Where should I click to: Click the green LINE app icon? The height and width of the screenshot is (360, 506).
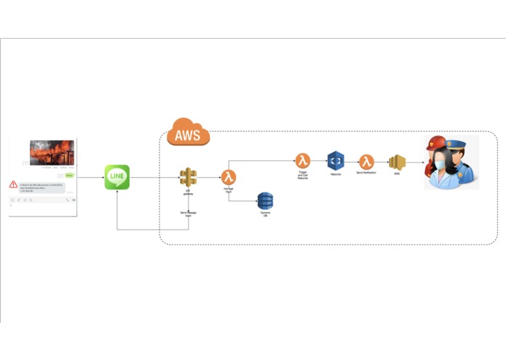[x=116, y=177]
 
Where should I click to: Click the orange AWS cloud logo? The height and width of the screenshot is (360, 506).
[x=188, y=133]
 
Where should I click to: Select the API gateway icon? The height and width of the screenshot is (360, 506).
[x=189, y=177]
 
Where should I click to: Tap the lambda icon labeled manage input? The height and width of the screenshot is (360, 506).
[x=229, y=177]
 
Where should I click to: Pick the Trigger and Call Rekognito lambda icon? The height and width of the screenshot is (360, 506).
[x=303, y=161]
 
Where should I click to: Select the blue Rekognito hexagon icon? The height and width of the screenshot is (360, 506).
[x=336, y=161]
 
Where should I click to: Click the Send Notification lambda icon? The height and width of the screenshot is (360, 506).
[x=366, y=161]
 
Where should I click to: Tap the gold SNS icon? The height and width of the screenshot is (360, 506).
[x=397, y=162]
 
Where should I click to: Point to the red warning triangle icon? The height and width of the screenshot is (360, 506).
[x=14, y=185]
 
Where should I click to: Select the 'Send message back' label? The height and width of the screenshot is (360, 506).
[x=189, y=214]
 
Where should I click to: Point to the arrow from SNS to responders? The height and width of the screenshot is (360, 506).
[x=415, y=162]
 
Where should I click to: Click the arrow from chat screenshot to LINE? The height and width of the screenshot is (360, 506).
[x=90, y=177]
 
